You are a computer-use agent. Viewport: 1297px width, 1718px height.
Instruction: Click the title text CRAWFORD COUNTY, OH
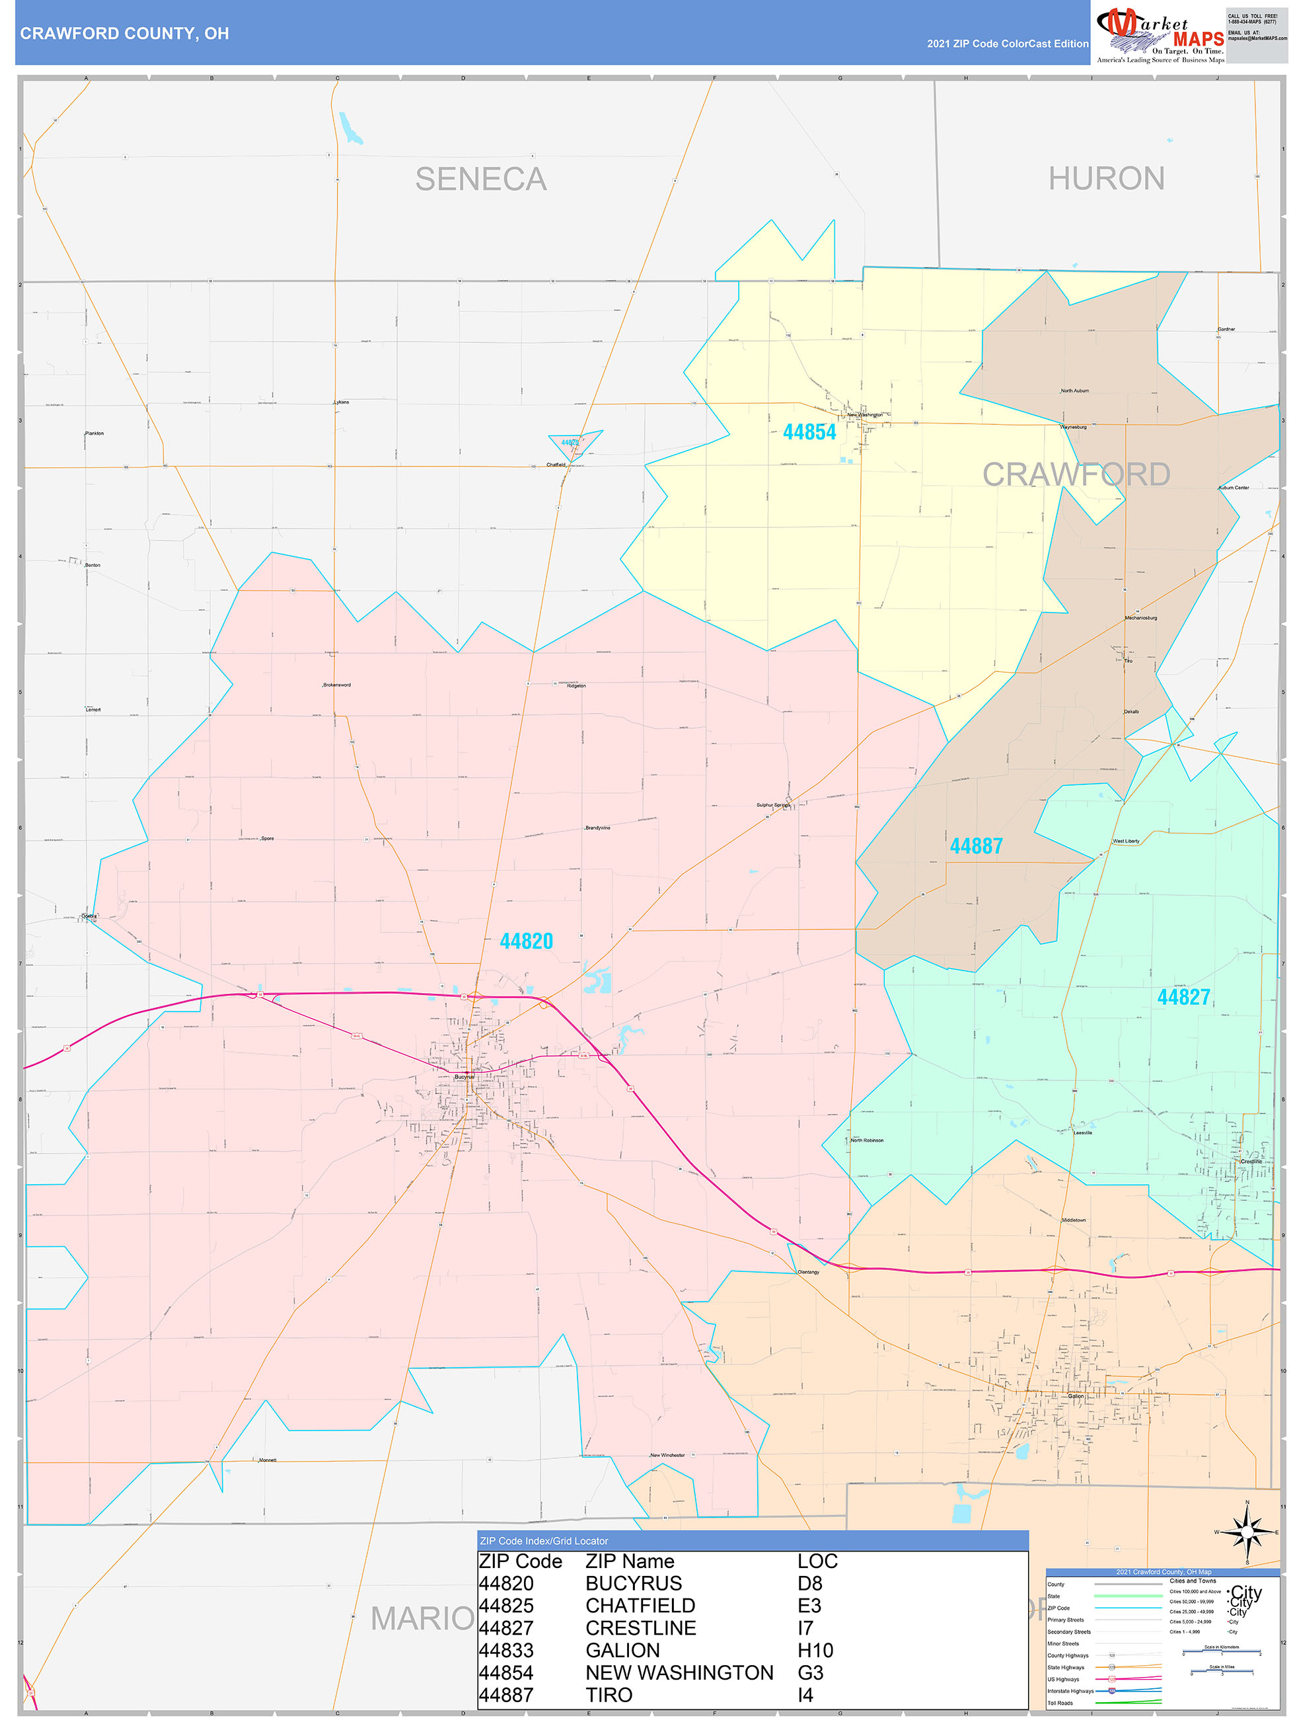pyautogui.click(x=124, y=34)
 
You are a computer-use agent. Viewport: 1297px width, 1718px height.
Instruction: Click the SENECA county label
pyautogui.click(x=481, y=180)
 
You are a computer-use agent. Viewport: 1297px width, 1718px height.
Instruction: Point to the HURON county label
pyautogui.click(x=1106, y=178)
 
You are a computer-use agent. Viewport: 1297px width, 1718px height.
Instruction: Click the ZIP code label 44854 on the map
pyautogui.click(x=809, y=432)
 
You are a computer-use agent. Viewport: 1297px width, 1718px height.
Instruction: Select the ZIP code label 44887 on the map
pyautogui.click(x=977, y=846)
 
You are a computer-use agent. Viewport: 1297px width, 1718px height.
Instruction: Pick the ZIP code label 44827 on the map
pyautogui.click(x=1183, y=997)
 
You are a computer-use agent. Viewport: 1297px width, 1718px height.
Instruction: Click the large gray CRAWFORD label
pyautogui.click(x=1076, y=474)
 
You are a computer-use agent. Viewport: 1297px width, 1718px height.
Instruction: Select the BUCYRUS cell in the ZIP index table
pyautogui.click(x=634, y=1584)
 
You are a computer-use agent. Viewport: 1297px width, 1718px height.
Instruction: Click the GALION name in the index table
pyautogui.click(x=623, y=1651)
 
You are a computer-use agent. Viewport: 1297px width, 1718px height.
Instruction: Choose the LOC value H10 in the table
pyautogui.click(x=815, y=1651)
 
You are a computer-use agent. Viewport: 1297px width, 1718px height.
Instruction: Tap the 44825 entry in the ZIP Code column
pyautogui.click(x=506, y=1606)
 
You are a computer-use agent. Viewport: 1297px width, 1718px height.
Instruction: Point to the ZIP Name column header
pyautogui.click(x=630, y=1561)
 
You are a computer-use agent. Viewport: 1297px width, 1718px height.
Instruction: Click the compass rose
pyautogui.click(x=1247, y=1532)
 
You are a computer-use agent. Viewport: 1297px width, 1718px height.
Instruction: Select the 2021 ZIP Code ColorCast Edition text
pyautogui.click(x=1008, y=44)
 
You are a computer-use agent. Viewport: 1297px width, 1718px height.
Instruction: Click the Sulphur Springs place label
pyautogui.click(x=773, y=805)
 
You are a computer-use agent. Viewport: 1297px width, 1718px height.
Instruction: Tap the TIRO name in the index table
pyautogui.click(x=609, y=1696)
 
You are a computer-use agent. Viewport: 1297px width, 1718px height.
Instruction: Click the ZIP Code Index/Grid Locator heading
pyautogui.click(x=544, y=1541)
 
